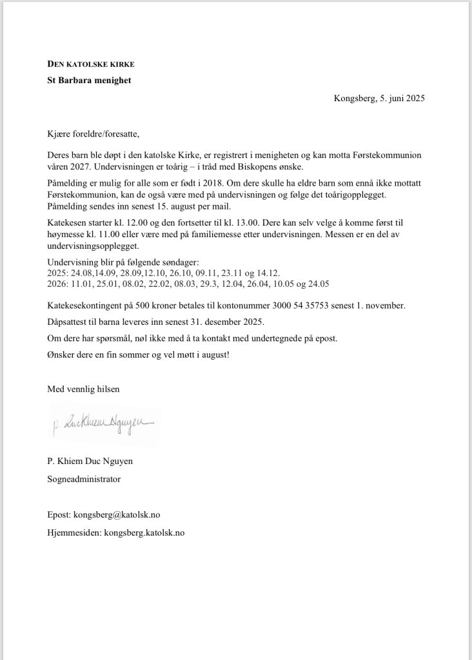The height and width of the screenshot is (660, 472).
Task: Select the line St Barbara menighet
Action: tap(90, 80)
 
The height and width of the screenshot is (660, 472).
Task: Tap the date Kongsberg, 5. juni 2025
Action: tap(379, 99)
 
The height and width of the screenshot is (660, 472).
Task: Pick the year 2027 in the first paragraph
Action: tap(75, 166)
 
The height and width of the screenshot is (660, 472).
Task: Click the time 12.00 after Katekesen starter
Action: tap(128, 222)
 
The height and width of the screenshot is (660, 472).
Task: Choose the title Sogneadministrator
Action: tap(84, 479)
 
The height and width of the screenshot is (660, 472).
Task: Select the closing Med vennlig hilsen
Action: tap(83, 389)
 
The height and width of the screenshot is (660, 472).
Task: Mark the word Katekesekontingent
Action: tap(87, 305)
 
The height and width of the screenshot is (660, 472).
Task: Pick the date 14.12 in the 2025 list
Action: tap(268, 273)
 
